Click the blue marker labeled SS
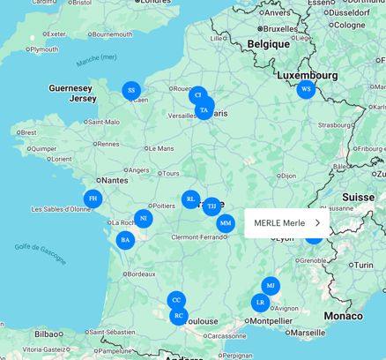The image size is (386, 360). [x=131, y=90]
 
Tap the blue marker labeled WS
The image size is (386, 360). [x=306, y=89]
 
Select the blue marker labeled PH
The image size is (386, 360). [x=93, y=199]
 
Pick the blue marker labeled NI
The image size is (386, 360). [x=143, y=218]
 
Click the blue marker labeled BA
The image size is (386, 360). [x=125, y=239]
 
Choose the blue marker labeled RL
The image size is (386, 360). [x=190, y=199]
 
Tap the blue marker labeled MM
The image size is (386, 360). [x=226, y=223]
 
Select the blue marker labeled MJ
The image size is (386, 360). [x=271, y=286]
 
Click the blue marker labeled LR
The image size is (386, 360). [x=260, y=303]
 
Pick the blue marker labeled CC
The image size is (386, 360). [x=176, y=300]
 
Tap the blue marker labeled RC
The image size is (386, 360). [x=179, y=315]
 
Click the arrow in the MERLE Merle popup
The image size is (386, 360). [x=317, y=223]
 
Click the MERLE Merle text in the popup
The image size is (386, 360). [x=279, y=223]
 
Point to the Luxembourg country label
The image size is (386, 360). [x=307, y=75]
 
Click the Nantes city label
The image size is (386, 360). [x=115, y=179]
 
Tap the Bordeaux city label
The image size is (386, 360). [x=140, y=274]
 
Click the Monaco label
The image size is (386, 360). [x=343, y=315]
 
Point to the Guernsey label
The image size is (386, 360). [x=71, y=88]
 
